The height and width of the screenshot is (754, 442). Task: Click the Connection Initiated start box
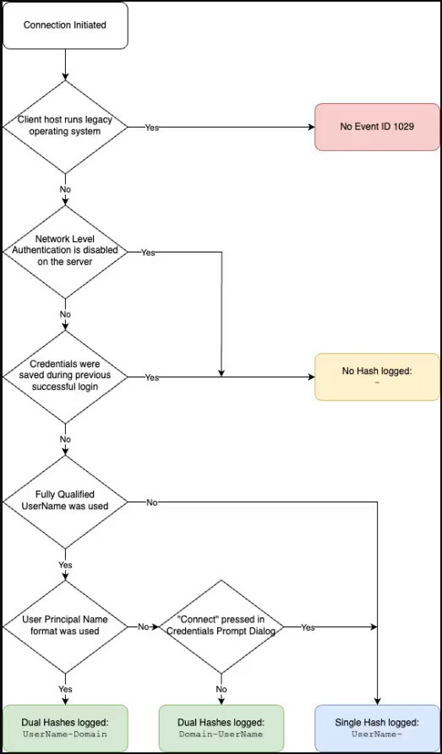click(x=65, y=24)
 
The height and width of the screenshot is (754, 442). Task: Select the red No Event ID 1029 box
click(x=377, y=127)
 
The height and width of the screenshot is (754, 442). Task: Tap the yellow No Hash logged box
click(x=377, y=376)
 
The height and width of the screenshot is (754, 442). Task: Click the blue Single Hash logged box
click(x=377, y=728)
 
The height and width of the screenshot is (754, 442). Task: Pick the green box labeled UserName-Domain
click(x=65, y=728)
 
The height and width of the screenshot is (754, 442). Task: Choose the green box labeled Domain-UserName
click(x=221, y=728)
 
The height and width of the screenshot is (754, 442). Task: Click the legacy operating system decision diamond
click(x=65, y=127)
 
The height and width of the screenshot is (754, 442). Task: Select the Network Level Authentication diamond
click(x=65, y=251)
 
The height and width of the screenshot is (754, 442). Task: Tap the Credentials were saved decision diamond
click(x=65, y=377)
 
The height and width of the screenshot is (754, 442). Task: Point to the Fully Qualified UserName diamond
click(x=65, y=502)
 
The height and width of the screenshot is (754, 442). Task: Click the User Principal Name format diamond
click(x=65, y=627)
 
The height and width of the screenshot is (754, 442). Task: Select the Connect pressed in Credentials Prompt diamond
click(x=221, y=627)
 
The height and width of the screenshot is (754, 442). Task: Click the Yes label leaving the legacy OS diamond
click(x=152, y=127)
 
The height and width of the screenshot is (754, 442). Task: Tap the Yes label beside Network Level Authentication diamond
click(x=148, y=252)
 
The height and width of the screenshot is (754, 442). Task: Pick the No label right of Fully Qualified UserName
click(x=152, y=502)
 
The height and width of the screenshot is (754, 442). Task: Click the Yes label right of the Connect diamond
click(x=308, y=627)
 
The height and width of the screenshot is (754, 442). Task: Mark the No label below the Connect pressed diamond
click(x=221, y=689)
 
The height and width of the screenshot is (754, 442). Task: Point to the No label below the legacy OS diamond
click(x=65, y=189)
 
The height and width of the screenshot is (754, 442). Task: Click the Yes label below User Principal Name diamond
click(x=65, y=689)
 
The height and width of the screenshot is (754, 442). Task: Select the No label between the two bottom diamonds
click(x=143, y=627)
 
